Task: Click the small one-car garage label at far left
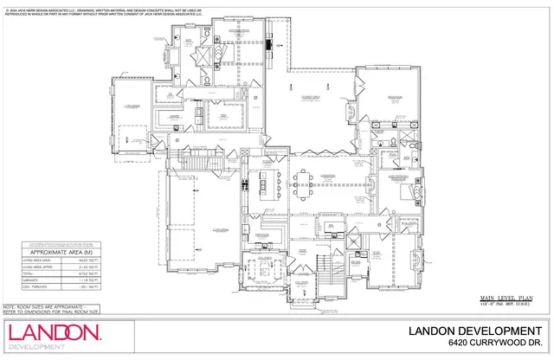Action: pos(131,106)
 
